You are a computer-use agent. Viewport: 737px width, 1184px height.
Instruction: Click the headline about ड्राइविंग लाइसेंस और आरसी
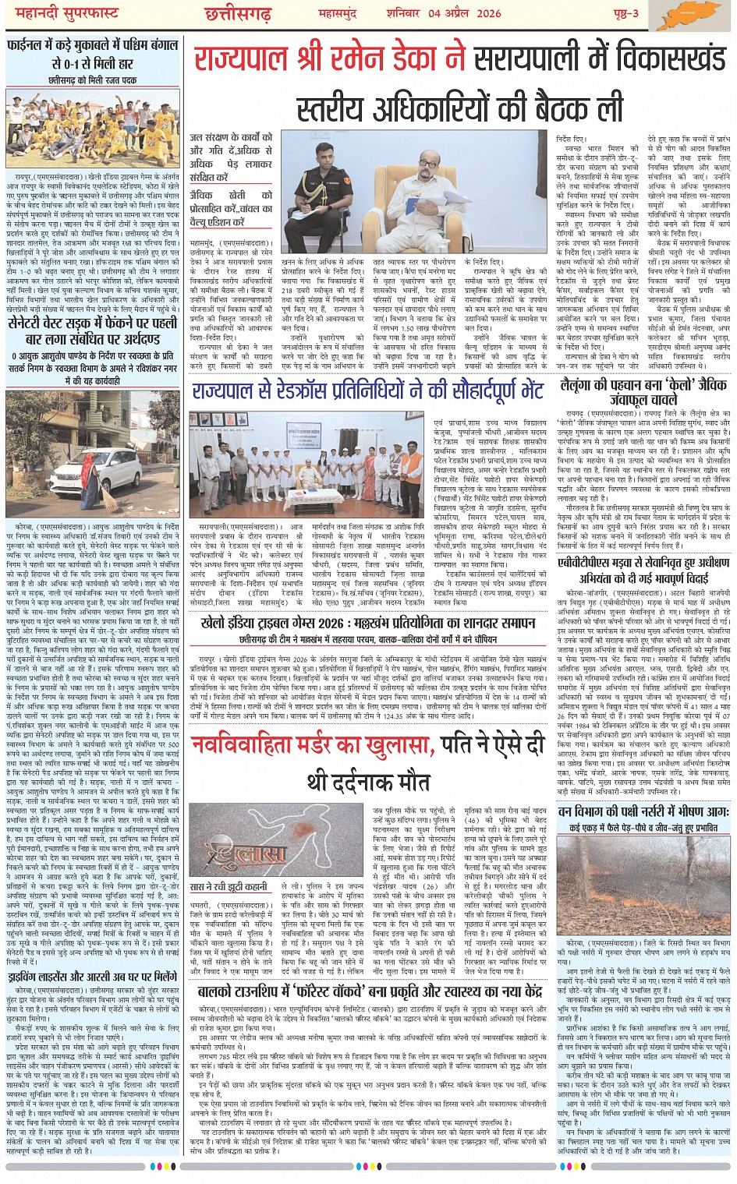click(93, 977)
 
